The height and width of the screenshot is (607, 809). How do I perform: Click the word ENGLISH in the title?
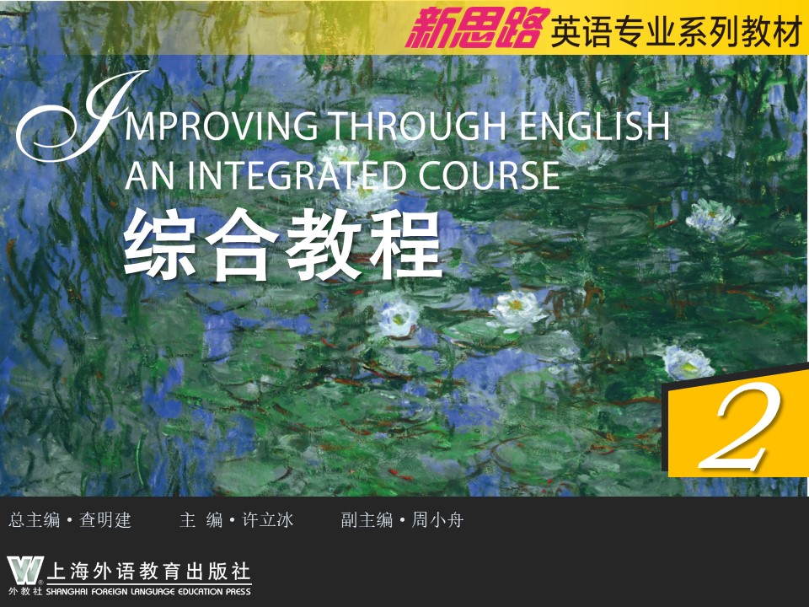[x=594, y=126]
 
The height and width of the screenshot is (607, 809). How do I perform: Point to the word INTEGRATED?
[x=296, y=175]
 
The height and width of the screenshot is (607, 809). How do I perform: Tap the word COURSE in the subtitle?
[x=489, y=175]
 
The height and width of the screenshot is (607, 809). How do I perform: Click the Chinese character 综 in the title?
[x=161, y=244]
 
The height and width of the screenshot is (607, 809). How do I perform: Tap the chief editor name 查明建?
[x=105, y=520]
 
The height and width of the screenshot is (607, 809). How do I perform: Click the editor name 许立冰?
[x=268, y=520]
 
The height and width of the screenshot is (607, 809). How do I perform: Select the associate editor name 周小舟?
[x=437, y=520]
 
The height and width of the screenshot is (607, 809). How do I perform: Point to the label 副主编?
[x=367, y=520]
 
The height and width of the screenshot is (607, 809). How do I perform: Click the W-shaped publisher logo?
[x=25, y=571]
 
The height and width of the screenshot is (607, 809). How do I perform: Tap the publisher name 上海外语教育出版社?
[x=148, y=572]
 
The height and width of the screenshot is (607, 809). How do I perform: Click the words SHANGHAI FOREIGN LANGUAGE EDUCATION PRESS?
[x=148, y=592]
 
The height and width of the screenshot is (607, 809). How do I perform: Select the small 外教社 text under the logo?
[x=24, y=592]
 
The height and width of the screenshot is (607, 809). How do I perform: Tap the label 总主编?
[x=35, y=520]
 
